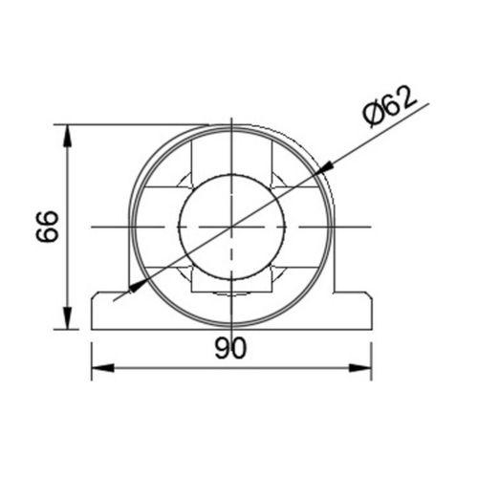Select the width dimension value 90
coord(230,349)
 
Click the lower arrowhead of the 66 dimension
coord(67,321)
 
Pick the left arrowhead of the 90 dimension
coord(98,366)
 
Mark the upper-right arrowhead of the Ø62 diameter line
coord(324,167)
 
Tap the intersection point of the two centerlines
coord(230,226)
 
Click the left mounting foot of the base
coord(107,312)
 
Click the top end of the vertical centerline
coord(230,119)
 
